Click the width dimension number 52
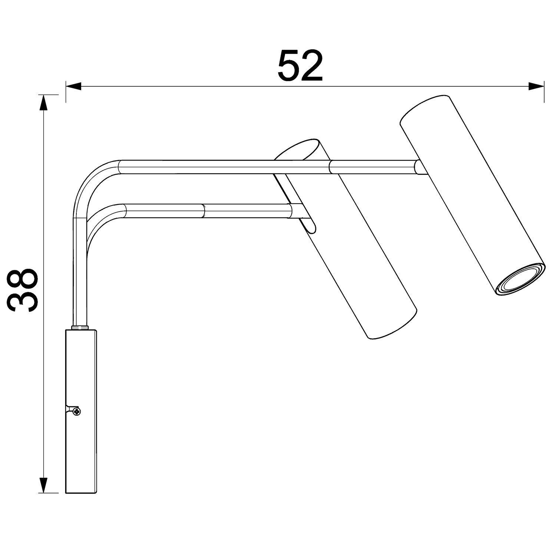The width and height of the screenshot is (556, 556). click(x=300, y=66)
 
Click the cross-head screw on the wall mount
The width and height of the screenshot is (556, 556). click(x=77, y=411)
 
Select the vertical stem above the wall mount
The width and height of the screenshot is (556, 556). click(x=80, y=282)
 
